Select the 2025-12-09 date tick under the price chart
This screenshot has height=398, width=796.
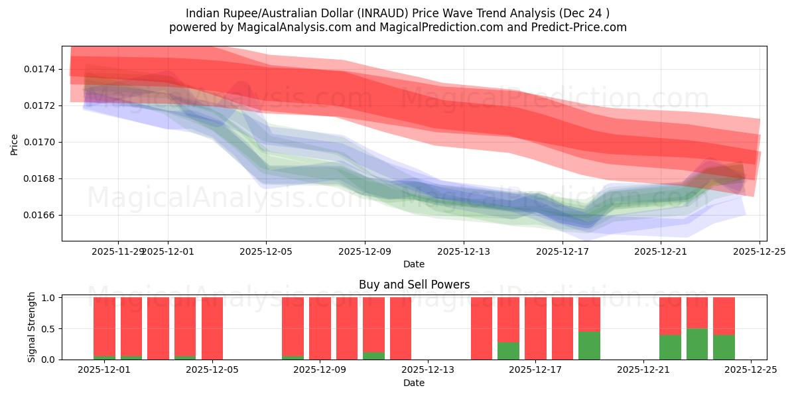pos(365,251)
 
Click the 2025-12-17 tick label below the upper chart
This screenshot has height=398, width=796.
pos(563,251)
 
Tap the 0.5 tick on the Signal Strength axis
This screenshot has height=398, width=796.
pos(49,329)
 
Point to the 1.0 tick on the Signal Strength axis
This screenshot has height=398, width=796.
pos(49,298)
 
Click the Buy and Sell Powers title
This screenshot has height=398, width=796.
pos(414,285)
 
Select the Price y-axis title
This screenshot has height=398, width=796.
pos(15,144)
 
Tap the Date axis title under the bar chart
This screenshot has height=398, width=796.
pos(414,383)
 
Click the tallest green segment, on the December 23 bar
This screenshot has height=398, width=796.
pos(697,344)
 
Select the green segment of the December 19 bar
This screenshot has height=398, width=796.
pos(589,346)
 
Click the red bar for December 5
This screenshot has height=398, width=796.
pos(212,328)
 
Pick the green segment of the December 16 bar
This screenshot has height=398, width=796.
pos(508,351)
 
